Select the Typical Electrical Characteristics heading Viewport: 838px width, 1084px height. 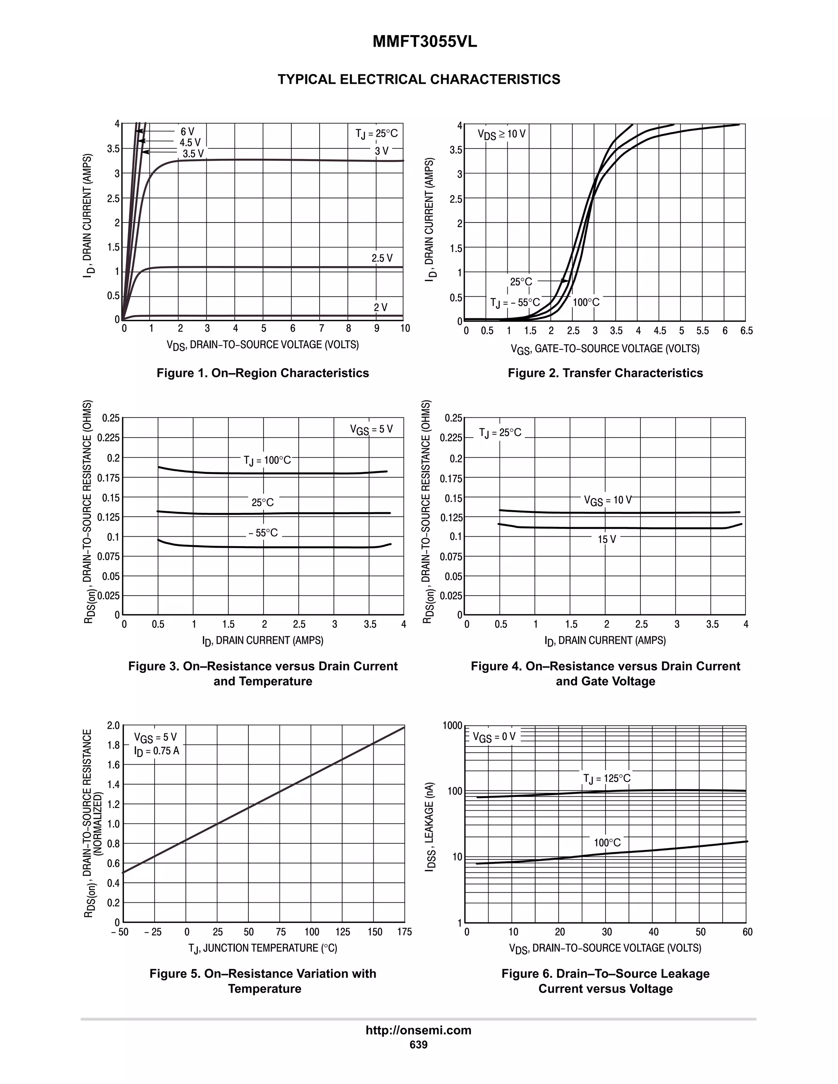click(x=419, y=79)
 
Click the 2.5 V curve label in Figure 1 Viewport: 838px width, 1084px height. click(x=382, y=258)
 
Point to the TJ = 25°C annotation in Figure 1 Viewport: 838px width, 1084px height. click(x=376, y=133)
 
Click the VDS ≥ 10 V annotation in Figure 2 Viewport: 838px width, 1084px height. click(x=501, y=134)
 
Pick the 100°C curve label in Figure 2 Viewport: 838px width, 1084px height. click(x=586, y=302)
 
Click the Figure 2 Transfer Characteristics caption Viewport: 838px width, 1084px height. click(x=605, y=373)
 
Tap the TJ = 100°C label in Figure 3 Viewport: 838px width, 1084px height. click(x=267, y=461)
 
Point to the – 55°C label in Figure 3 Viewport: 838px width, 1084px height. click(x=263, y=533)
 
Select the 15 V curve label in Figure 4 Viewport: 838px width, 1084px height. click(x=607, y=540)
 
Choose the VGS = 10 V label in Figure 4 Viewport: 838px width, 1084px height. click(x=608, y=500)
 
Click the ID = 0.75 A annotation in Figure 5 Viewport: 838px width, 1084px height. click(x=156, y=751)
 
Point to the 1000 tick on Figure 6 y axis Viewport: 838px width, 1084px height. click(x=452, y=726)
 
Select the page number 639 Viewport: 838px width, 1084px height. click(x=419, y=1045)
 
